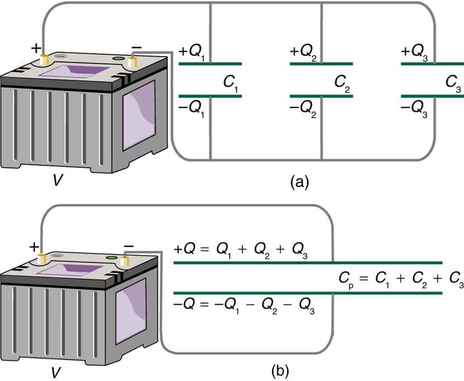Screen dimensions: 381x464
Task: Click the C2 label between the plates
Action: pos(341,83)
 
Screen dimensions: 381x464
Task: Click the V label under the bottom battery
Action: pos(57,370)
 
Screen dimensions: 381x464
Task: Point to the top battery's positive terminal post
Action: pos(45,60)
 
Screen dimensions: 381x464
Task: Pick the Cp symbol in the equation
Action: pos(347,279)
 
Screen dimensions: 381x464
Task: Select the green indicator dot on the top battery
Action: pos(118,59)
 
